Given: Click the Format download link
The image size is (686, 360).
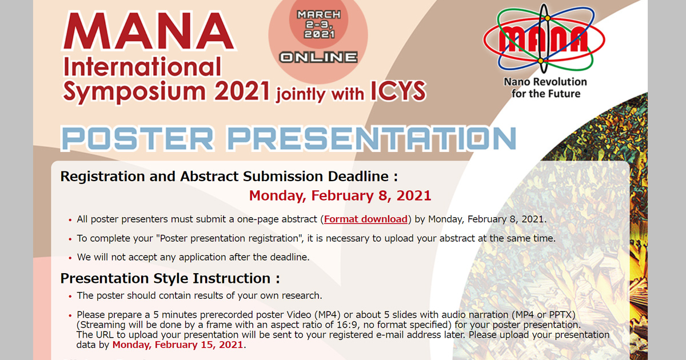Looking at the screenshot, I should pos(366,219).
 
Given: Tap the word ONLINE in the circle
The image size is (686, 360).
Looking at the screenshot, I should pos(318,57).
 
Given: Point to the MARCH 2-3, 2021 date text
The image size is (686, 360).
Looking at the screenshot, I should pos(318,24).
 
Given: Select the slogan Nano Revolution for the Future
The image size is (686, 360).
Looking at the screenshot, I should pos(545,88).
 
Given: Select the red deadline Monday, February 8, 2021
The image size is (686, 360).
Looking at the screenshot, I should pos(340,196).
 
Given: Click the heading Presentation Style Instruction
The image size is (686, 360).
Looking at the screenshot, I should pos(170,278).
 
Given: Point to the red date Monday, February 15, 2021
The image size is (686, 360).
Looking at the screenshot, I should pos(178,345).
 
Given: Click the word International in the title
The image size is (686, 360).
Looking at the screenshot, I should pos(142,67).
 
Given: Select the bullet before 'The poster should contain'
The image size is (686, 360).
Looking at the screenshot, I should pos(70,297).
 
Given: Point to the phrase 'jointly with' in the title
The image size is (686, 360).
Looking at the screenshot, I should pos(320,93).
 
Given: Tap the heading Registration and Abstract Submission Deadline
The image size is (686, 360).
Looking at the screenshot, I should pos(229,176).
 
